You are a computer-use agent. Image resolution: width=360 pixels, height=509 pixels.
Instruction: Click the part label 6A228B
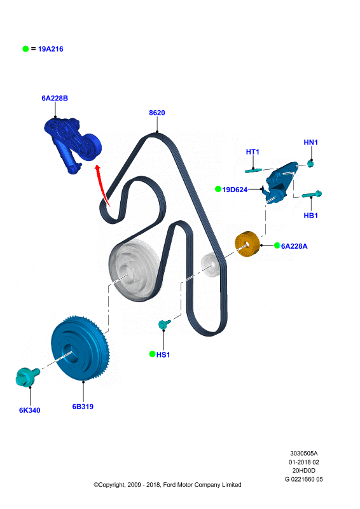tap(55, 98)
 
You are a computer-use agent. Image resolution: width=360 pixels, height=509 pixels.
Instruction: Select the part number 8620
tap(157, 113)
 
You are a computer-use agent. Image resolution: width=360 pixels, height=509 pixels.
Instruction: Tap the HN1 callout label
tap(310, 142)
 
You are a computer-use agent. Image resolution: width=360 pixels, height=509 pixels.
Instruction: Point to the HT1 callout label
tap(253, 151)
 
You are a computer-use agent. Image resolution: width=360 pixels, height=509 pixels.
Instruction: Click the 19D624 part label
tap(235, 190)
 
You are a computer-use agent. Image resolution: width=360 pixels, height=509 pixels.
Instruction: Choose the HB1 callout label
tap(310, 215)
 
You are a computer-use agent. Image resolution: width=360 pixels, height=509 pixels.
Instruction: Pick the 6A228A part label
tap(294, 246)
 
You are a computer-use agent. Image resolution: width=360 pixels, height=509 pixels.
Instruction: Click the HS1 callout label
tap(163, 354)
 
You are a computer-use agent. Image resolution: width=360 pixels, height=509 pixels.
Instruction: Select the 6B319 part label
tap(83, 407)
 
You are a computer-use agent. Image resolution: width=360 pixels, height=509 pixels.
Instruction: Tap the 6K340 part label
tap(29, 410)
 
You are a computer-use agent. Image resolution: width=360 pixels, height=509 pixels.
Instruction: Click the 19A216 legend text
tap(50, 49)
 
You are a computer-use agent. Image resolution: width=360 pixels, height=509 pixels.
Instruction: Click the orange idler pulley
tap(247, 244)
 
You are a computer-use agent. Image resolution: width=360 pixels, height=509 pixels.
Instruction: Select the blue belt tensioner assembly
tap(73, 144)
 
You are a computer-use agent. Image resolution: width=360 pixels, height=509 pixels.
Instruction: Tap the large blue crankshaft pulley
tap(80, 347)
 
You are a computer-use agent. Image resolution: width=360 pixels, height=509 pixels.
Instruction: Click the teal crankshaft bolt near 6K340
tap(27, 377)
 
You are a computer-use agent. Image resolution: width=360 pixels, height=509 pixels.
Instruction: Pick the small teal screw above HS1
tap(164, 324)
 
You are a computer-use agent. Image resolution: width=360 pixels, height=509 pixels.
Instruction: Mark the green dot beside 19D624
tap(218, 189)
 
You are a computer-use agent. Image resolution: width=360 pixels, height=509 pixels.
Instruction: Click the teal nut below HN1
tap(310, 164)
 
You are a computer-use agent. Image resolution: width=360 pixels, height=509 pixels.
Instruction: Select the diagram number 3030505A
tap(304, 453)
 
